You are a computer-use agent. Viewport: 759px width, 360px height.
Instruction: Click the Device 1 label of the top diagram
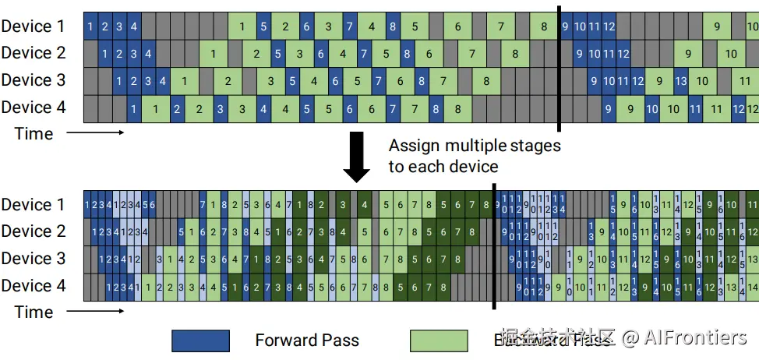tap(33, 26)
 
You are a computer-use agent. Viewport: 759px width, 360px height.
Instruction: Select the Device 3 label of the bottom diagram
tap(33, 259)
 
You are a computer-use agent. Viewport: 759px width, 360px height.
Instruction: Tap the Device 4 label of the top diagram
tap(33, 108)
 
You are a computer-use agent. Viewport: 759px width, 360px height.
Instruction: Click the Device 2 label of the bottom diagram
tap(33, 232)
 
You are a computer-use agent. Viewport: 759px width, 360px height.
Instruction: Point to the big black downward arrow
tap(357, 156)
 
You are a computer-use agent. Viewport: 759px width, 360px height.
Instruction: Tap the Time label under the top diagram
tap(34, 133)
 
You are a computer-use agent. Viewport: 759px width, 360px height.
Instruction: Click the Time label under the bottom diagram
tap(34, 312)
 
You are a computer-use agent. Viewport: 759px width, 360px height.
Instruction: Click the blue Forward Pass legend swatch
tap(200, 341)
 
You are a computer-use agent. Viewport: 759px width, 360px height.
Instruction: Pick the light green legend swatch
tap(439, 341)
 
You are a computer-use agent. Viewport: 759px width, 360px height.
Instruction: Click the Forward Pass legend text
tap(307, 341)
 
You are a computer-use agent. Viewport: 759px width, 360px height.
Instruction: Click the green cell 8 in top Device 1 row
tap(544, 27)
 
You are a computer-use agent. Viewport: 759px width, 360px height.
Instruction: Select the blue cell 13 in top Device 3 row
tap(680, 81)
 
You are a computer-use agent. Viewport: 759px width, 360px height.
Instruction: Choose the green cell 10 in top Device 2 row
tap(731, 54)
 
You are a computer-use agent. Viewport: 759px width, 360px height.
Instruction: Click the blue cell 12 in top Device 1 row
tap(609, 27)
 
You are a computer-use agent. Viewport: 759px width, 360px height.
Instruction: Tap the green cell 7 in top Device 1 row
tap(500, 27)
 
